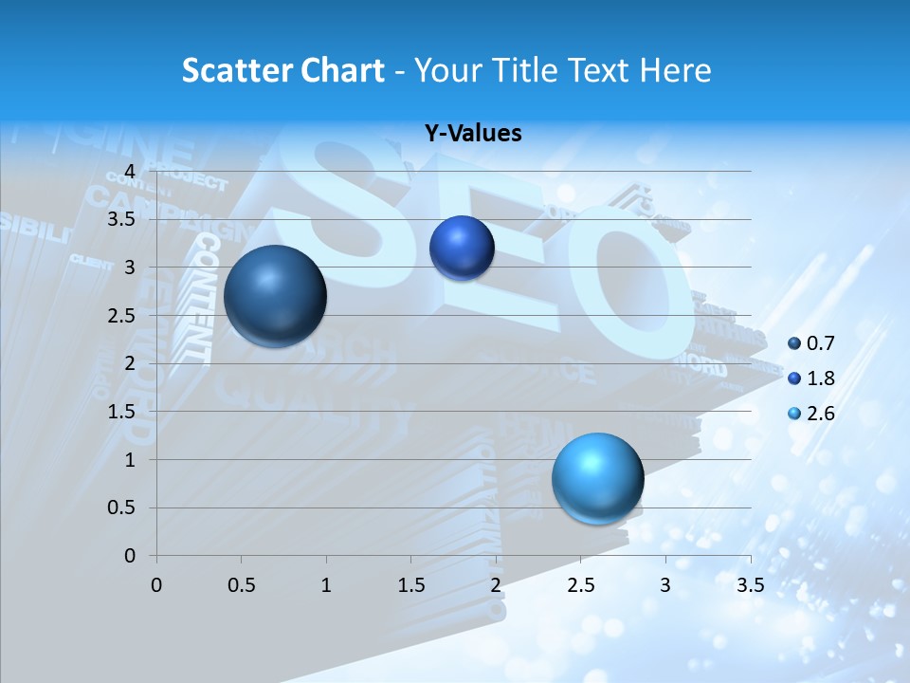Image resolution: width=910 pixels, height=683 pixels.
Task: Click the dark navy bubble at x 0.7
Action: [x=275, y=296]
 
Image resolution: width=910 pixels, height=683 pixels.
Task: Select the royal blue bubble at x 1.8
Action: [x=462, y=249]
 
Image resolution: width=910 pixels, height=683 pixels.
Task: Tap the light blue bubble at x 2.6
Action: [x=597, y=478]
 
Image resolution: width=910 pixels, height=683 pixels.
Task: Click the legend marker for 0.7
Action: [x=794, y=342]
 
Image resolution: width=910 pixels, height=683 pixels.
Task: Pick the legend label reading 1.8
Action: [x=822, y=378]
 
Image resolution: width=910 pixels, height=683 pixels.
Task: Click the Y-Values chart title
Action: [x=473, y=134]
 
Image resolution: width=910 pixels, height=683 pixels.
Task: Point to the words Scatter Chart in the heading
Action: [x=282, y=70]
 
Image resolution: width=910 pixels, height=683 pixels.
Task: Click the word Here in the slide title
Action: [x=675, y=70]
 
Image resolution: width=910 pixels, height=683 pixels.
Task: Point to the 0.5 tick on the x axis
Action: [x=242, y=584]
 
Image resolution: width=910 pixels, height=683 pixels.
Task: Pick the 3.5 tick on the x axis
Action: [x=750, y=584]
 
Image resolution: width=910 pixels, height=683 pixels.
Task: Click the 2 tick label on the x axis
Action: [x=496, y=584]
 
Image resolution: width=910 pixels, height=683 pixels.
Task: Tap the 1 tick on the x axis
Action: [x=326, y=584]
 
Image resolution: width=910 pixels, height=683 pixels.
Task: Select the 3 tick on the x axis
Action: [x=665, y=584]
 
